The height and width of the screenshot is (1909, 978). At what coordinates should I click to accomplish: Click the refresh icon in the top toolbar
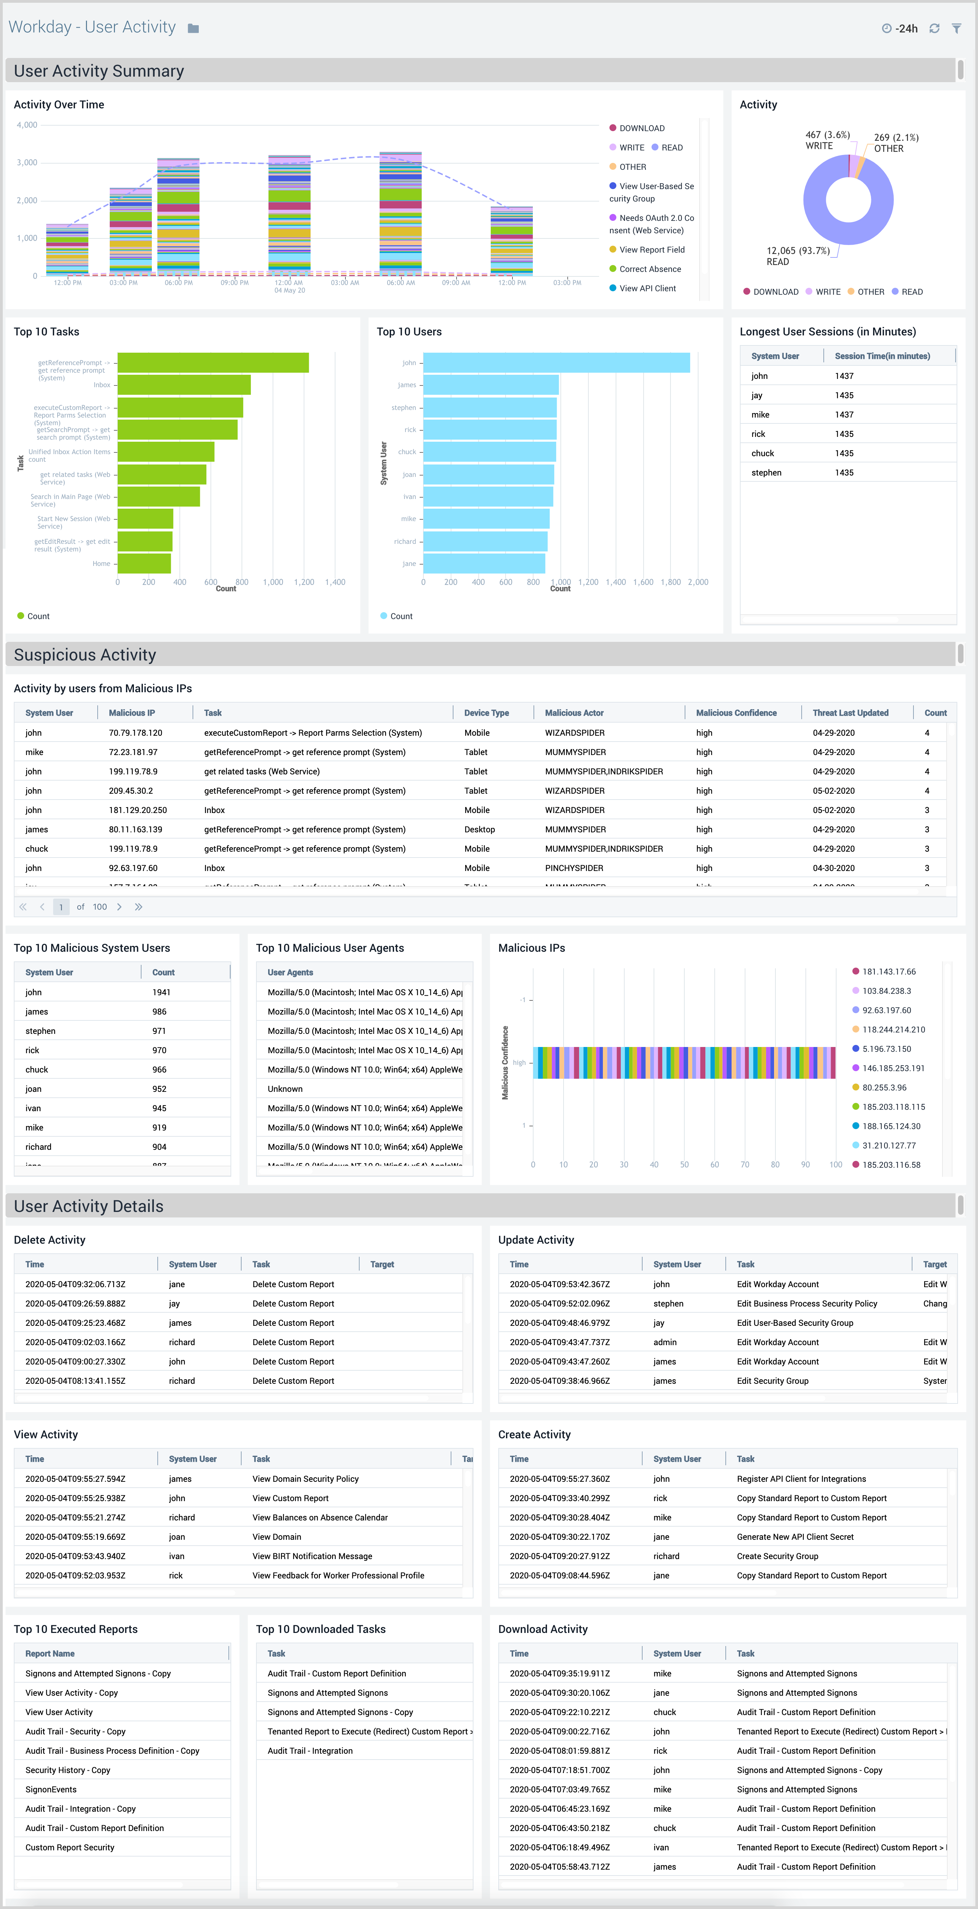pos(934,28)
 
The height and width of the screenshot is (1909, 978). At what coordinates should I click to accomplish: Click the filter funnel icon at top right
pos(957,28)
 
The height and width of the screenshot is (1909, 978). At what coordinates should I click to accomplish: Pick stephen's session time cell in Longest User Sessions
pos(844,473)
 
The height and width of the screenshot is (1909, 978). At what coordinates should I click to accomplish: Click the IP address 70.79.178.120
pos(136,733)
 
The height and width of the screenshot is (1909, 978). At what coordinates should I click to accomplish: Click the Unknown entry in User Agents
pos(285,1089)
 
